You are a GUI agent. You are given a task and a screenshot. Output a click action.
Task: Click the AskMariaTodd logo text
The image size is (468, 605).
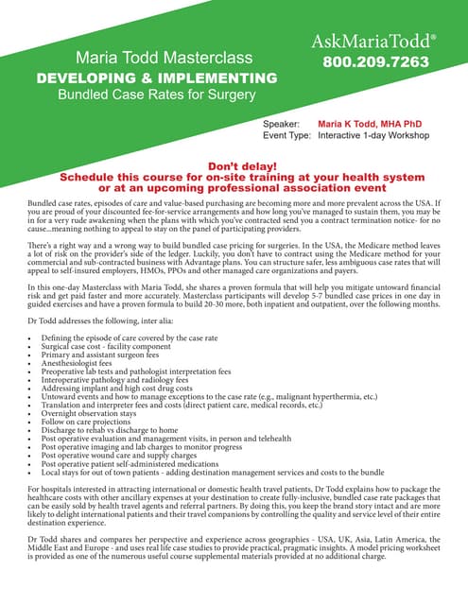375,41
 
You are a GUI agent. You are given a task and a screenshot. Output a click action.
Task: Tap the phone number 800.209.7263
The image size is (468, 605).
375,62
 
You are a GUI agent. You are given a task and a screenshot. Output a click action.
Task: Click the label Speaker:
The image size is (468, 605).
281,124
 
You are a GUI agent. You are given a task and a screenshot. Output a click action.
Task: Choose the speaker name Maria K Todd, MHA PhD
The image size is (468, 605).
370,124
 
